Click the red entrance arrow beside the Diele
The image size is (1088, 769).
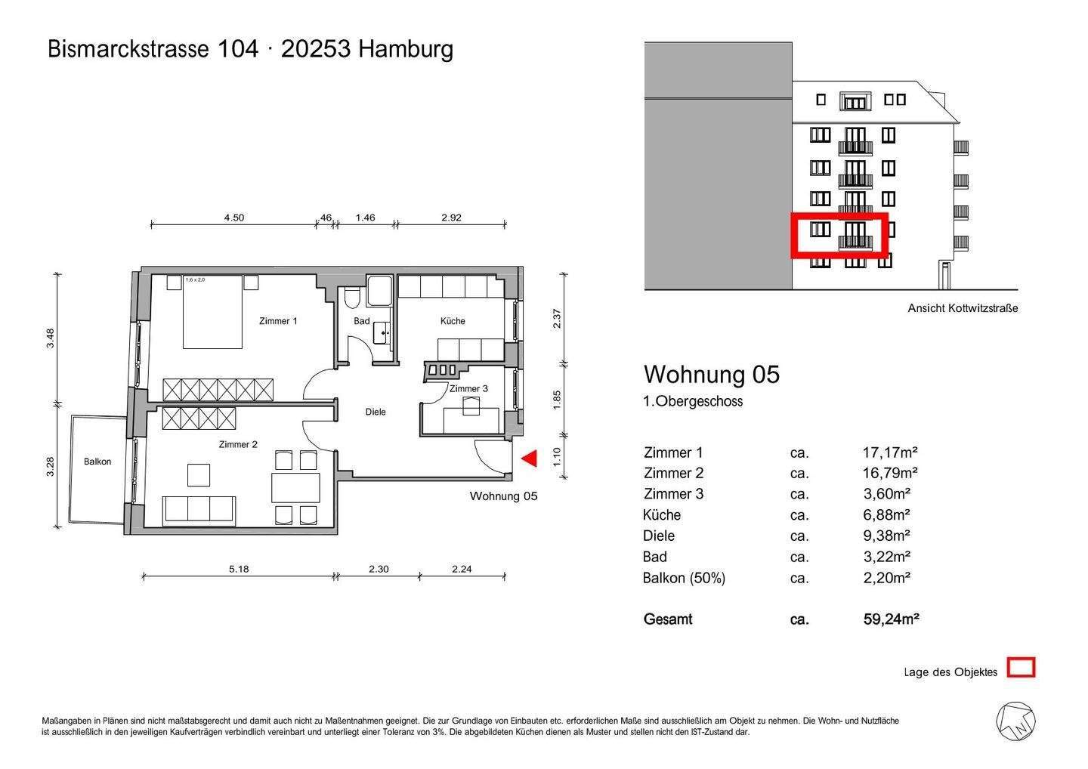click(x=530, y=459)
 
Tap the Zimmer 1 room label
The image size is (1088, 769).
click(x=278, y=321)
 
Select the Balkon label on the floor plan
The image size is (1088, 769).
click(x=97, y=462)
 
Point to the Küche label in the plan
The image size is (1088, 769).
click(x=453, y=321)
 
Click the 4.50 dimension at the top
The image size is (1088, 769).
click(x=233, y=218)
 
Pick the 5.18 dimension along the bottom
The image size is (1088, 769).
click(x=239, y=569)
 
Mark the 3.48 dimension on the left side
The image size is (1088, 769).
click(x=51, y=337)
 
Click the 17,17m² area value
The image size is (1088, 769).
click(x=889, y=452)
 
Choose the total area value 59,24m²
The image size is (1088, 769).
click(x=891, y=619)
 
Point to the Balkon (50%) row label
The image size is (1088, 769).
click(x=684, y=579)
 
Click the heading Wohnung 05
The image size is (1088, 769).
click(x=711, y=375)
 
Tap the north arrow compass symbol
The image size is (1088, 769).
click(x=1015, y=721)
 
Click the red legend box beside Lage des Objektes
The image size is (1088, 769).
click(x=1022, y=668)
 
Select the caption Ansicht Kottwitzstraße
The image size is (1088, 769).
click(x=963, y=308)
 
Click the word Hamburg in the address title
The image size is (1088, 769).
click(x=406, y=49)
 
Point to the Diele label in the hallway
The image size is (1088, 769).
click(x=376, y=412)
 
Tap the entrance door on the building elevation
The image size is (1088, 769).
click(x=944, y=275)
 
